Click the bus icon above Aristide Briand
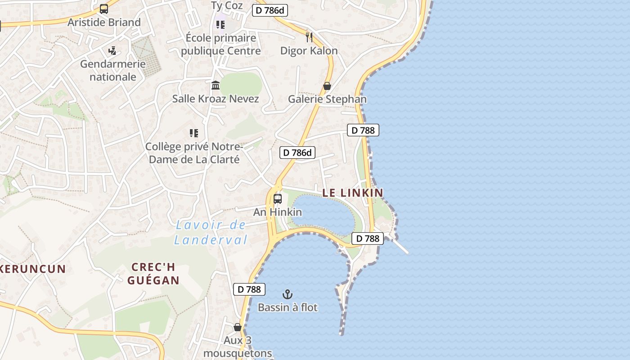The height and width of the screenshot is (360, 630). pos(104,9)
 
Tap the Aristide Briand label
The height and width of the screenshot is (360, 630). pos(104,22)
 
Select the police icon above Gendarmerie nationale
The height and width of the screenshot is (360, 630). pos(112,50)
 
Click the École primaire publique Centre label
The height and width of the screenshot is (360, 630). pos(220,44)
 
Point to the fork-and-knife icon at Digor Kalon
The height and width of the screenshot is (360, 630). pos(309,37)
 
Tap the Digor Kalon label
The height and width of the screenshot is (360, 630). pos(309,50)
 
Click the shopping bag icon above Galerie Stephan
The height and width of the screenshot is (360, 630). pos(327,85)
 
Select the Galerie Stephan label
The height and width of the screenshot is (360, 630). pos(327,99)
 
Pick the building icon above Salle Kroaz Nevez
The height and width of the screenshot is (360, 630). pos(216,85)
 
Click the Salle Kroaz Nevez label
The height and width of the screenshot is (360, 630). pos(216,99)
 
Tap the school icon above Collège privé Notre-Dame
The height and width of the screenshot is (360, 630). pos(194,133)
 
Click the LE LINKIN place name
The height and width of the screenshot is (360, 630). pos(353,193)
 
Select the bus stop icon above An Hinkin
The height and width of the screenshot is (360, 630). pos(278,198)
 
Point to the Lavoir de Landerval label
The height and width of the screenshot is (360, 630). pos(211,232)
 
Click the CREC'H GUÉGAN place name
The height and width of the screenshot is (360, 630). pos(153,274)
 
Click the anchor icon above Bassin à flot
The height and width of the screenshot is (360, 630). pos(288,294)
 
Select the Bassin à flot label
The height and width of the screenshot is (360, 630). pos(288,308)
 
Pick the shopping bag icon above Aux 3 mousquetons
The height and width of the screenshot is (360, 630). pos(238,327)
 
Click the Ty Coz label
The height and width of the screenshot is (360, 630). pos(227,5)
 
